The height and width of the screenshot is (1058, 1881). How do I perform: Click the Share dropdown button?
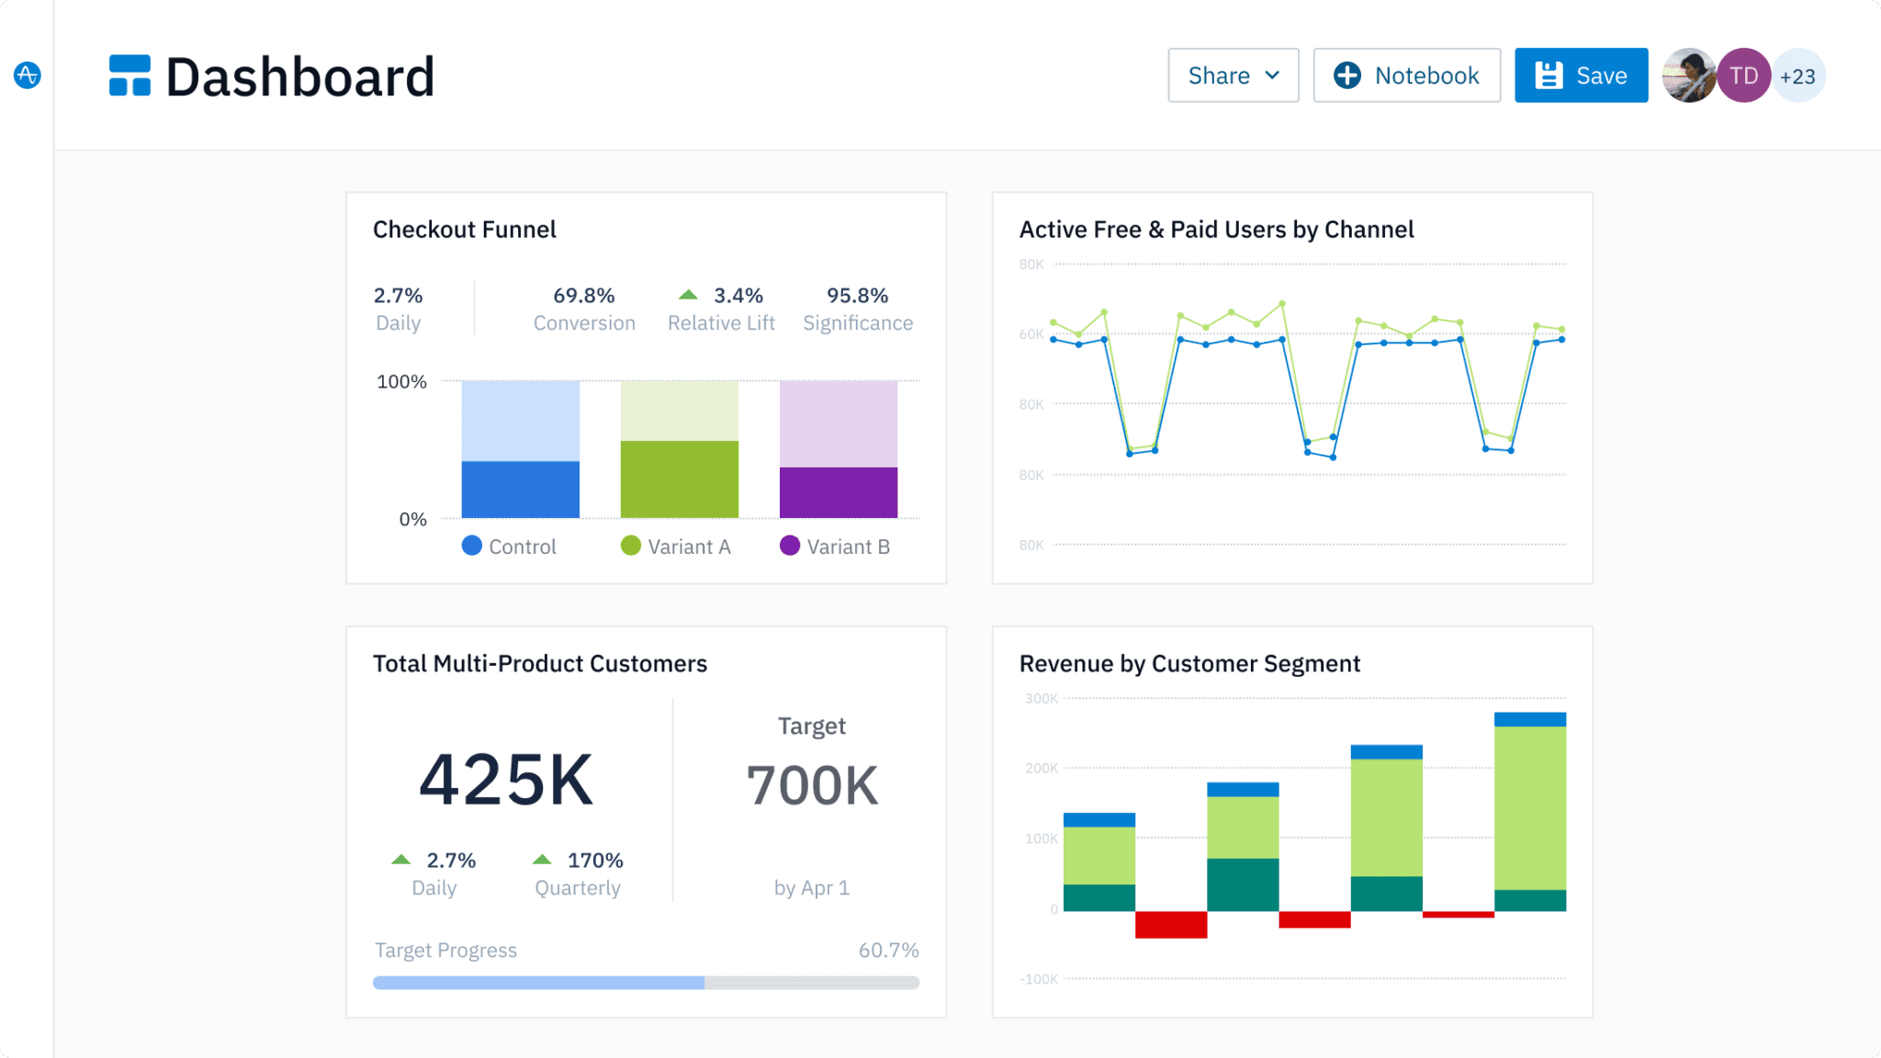pos(1233,75)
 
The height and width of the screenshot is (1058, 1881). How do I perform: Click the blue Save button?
pos(1581,75)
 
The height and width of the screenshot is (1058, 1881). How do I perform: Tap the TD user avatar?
pos(1743,75)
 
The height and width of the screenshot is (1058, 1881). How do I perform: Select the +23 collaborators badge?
pos(1797,76)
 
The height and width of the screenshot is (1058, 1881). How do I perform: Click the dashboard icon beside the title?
pos(130,75)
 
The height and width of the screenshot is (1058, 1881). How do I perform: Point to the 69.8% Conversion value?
pos(583,296)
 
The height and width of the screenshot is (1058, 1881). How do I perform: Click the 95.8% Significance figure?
pos(857,296)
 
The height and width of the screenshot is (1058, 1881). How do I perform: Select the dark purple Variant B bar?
pos(838,492)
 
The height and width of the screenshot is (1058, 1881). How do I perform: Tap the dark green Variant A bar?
pos(679,479)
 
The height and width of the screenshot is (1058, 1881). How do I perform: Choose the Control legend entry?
pos(510,546)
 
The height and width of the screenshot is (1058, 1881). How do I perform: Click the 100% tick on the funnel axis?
pos(401,381)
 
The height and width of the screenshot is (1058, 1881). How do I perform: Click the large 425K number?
pos(506,780)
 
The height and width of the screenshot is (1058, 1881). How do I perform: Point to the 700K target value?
pos(812,786)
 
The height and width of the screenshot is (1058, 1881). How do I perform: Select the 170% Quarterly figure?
pos(594,861)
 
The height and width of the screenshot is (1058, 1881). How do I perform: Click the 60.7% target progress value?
pos(888,951)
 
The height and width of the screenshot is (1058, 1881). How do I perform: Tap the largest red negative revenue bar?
pos(1170,924)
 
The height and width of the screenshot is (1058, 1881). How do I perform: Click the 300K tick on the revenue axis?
pos(1041,699)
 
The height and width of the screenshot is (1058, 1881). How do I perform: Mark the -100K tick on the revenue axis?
pos(1039,979)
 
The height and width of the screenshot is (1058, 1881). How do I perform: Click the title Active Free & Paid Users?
pos(1216,230)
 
